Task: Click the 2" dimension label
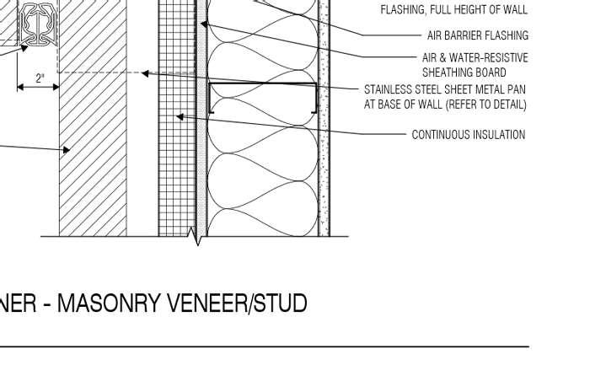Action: pyautogui.click(x=40, y=78)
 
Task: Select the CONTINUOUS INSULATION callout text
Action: pyautogui.click(x=468, y=135)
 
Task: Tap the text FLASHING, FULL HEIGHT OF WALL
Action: pyautogui.click(x=454, y=10)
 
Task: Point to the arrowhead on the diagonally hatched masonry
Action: pyautogui.click(x=67, y=151)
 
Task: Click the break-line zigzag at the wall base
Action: pyautogui.click(x=199, y=239)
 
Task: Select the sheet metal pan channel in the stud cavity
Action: pyautogui.click(x=262, y=98)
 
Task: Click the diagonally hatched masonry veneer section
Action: pyautogui.click(x=93, y=169)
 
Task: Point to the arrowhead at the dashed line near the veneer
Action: pyautogui.click(x=145, y=73)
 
